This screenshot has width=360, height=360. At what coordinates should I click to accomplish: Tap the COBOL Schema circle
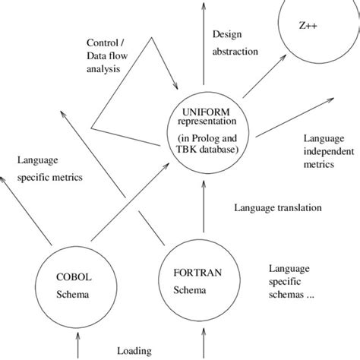tap(74, 286)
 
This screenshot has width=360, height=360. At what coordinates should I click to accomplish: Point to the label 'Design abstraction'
tap(235, 43)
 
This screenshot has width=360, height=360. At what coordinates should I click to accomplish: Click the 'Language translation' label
tap(278, 207)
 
